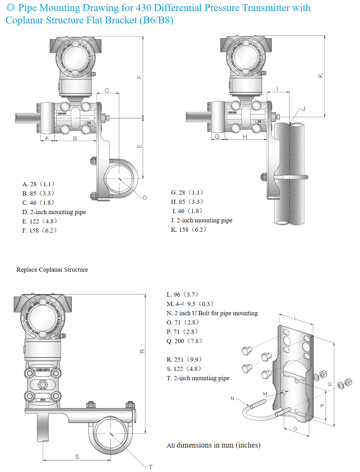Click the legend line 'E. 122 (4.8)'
(39, 221)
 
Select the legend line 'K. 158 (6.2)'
(188, 230)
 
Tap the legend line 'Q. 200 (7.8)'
(184, 341)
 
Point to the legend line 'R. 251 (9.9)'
(184, 360)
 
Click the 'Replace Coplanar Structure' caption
(52, 270)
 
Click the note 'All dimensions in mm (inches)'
(214, 445)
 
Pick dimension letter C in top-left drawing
(107, 90)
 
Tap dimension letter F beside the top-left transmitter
(140, 77)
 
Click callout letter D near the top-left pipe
(145, 198)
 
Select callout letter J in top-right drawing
(303, 109)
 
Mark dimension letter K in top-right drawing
(321, 76)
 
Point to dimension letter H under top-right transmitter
(245, 137)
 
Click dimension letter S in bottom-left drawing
(77, 457)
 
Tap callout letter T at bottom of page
(151, 467)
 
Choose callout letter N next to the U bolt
(233, 398)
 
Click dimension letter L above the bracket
(295, 318)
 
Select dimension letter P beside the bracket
(322, 406)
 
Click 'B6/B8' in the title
(156, 20)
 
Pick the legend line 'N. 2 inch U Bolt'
(212, 314)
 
